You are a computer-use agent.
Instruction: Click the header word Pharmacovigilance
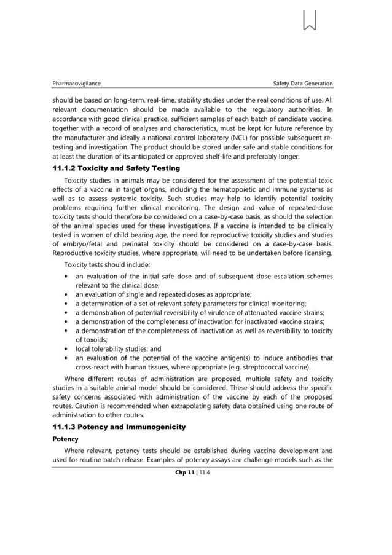77,83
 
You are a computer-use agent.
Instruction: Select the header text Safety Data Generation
303,83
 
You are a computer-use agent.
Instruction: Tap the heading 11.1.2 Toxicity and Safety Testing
116,168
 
